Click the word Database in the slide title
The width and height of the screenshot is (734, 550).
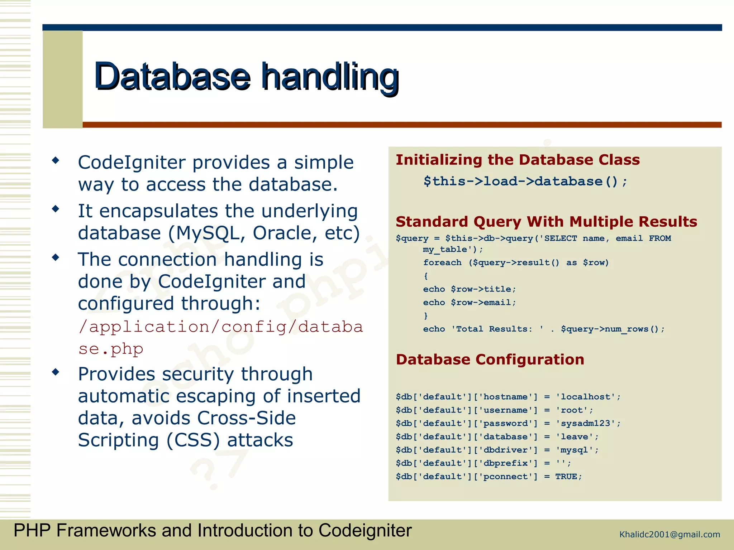click(x=172, y=76)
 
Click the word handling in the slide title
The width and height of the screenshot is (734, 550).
click(x=330, y=76)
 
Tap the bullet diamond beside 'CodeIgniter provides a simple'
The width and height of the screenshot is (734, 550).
click(x=56, y=160)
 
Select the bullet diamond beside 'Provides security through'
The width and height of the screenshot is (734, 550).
click(x=56, y=372)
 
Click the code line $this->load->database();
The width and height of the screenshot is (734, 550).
click(x=525, y=182)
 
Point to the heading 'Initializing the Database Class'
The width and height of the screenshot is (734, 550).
click(x=518, y=160)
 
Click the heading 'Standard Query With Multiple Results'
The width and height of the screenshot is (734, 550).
click(x=546, y=222)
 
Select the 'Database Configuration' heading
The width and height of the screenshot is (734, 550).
click(x=490, y=360)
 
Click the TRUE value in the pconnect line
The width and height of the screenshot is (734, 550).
click(x=566, y=477)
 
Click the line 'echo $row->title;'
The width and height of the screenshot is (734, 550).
click(x=469, y=289)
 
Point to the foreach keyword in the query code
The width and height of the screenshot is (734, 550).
click(x=442, y=262)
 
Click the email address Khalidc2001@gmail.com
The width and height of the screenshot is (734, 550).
click(x=669, y=535)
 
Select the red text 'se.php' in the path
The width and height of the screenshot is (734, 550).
click(x=111, y=349)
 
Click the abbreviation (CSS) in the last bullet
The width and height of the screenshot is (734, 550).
click(x=193, y=440)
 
